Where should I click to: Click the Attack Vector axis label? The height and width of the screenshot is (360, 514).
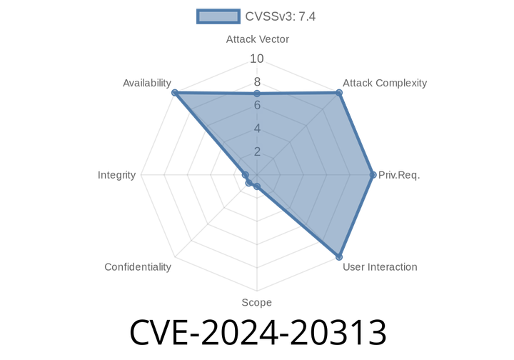click(x=257, y=39)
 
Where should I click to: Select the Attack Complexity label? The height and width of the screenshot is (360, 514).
click(x=385, y=83)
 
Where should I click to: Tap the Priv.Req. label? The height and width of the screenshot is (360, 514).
click(x=400, y=175)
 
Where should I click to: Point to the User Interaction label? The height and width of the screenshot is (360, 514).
click(x=380, y=267)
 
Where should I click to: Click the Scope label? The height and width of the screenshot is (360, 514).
click(x=256, y=303)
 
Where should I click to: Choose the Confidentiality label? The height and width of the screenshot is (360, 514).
click(x=138, y=267)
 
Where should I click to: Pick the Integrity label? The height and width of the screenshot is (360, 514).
click(x=117, y=175)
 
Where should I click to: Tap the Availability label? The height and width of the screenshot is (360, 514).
click(x=146, y=84)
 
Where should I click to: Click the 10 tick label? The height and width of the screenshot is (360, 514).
click(x=257, y=59)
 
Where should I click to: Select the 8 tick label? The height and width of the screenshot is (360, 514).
click(x=257, y=82)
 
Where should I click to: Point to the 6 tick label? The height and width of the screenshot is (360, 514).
click(x=257, y=106)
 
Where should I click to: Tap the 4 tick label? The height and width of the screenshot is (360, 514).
click(x=257, y=129)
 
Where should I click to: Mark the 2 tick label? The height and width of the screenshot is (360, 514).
click(x=257, y=151)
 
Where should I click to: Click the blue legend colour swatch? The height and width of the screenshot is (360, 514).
click(x=218, y=16)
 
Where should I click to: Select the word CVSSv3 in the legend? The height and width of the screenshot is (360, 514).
click(x=266, y=16)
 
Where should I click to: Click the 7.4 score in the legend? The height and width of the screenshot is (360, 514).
click(x=307, y=16)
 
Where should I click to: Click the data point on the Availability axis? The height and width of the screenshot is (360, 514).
click(x=173, y=92)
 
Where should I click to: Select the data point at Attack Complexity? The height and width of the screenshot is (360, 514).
click(x=340, y=91)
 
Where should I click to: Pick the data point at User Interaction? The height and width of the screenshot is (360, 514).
click(x=339, y=257)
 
